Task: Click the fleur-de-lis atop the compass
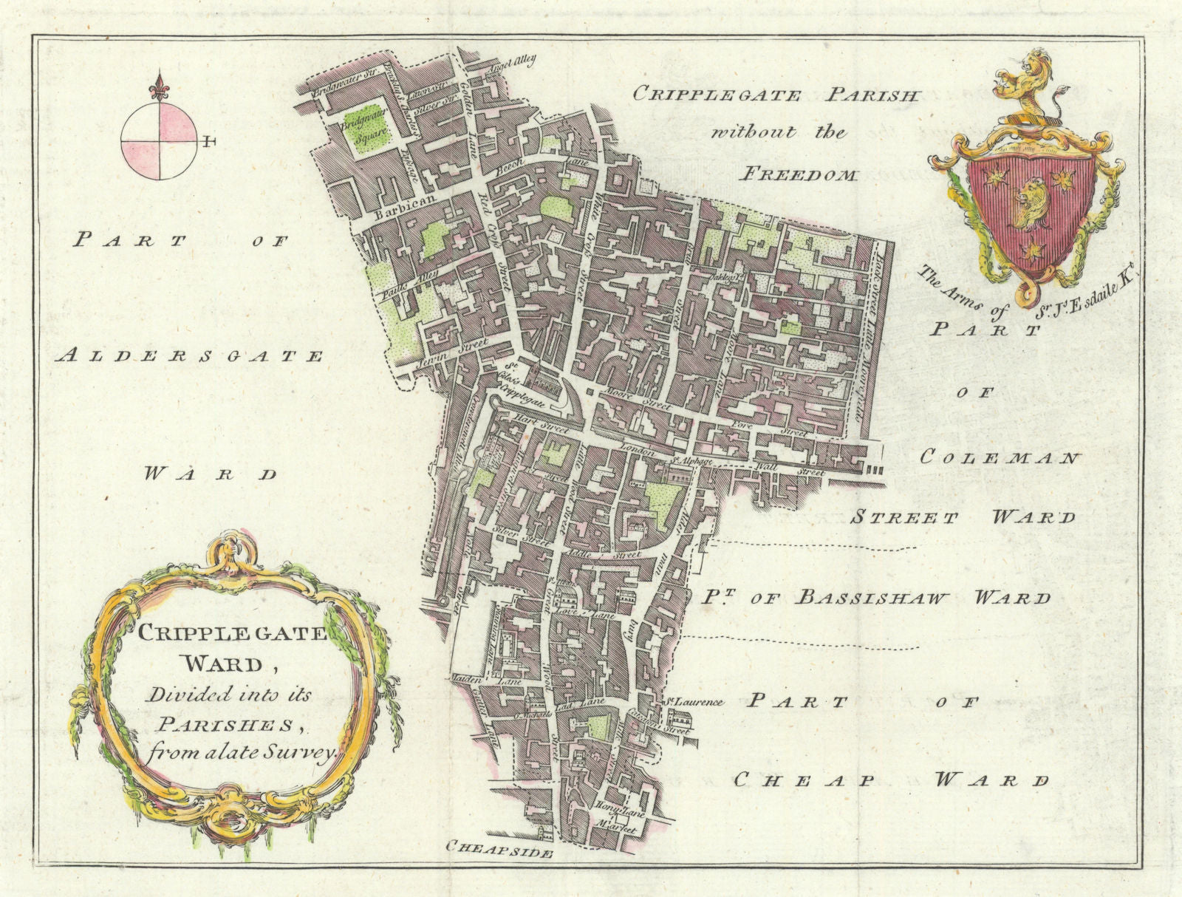coord(158,87)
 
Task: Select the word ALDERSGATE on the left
coord(190,356)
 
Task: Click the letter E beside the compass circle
coord(211,140)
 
